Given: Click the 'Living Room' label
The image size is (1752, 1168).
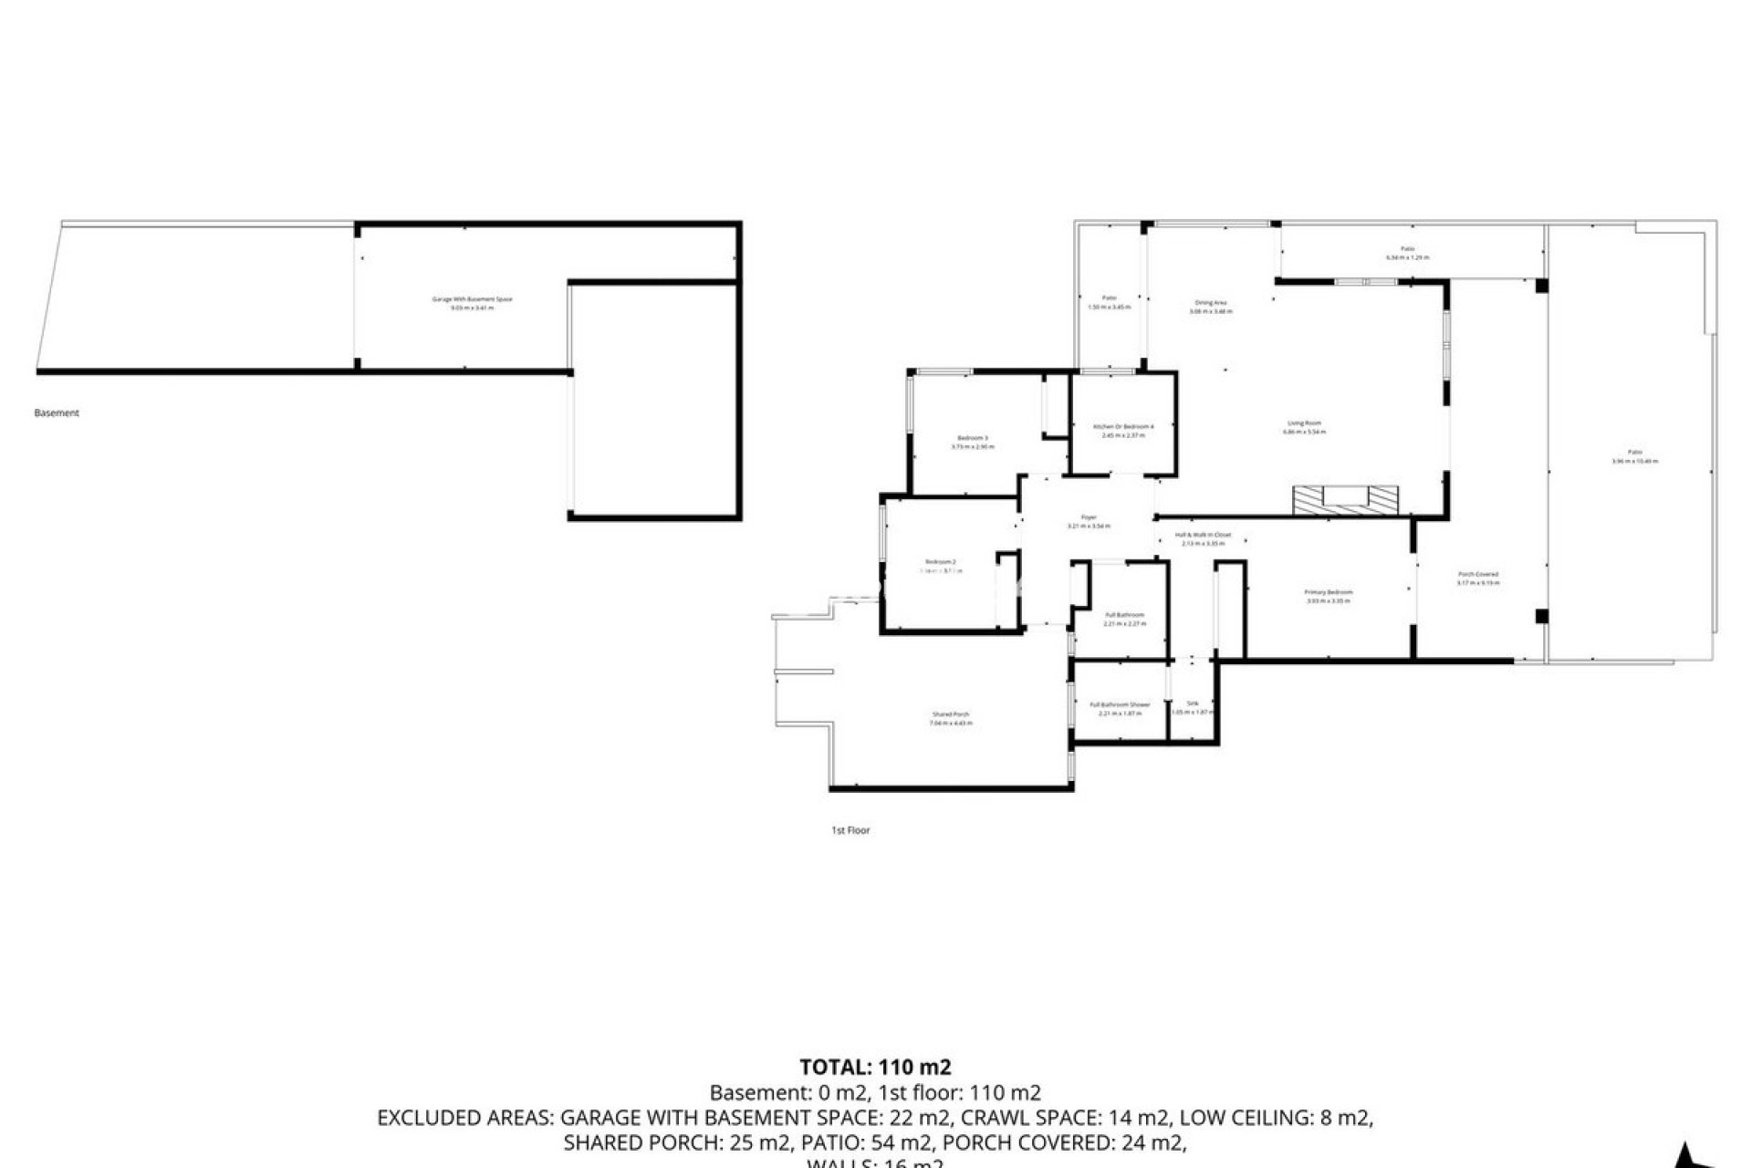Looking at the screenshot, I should pos(1304,423).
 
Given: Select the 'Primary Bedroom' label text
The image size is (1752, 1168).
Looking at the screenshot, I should pos(1328,592).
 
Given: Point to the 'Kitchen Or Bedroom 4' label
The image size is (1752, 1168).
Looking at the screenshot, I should pos(1123,427).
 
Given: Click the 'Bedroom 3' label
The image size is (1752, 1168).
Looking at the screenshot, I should pos(973,438).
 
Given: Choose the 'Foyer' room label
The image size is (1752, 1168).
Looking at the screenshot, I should pos(1089,517).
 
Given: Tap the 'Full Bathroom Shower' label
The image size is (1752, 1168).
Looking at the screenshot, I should pos(1120,704).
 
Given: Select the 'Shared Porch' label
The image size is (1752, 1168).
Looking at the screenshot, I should pos(951,714).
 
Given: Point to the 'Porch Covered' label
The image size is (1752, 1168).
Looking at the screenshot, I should pos(1478,574).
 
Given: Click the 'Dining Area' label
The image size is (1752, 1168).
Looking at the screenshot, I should pos(1211,303).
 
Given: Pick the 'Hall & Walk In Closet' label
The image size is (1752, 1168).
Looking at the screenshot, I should pos(1203,535).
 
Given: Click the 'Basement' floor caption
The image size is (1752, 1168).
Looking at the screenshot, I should pos(57,413).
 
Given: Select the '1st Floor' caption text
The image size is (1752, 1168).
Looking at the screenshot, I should pos(850,830).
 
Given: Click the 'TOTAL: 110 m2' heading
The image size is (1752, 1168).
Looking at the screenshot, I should pos(875,1067).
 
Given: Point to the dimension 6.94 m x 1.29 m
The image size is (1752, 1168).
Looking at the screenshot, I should pos(1407,257).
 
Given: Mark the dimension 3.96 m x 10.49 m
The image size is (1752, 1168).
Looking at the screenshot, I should pos(1634,461).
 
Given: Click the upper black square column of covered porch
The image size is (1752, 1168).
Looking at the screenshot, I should pos(1541,286).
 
